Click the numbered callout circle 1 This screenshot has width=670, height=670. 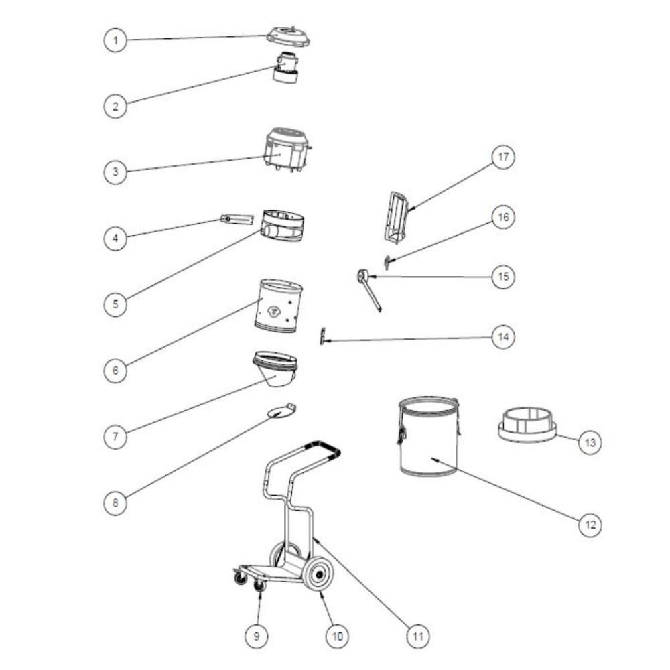click(115, 41)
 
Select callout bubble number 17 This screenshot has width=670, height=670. click(503, 157)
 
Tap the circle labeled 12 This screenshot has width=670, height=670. click(590, 525)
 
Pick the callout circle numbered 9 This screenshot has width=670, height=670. click(257, 636)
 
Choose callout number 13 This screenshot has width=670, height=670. click(590, 442)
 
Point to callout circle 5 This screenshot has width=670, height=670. click(115, 304)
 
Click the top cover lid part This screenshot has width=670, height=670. click(288, 36)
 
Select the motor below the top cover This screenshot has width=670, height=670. click(285, 68)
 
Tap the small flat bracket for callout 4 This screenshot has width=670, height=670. click(237, 219)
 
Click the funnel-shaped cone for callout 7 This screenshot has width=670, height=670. click(275, 368)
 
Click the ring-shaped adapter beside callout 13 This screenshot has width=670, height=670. click(528, 425)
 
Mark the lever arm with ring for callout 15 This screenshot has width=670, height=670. click(368, 291)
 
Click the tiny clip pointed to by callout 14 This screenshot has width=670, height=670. click(323, 336)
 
